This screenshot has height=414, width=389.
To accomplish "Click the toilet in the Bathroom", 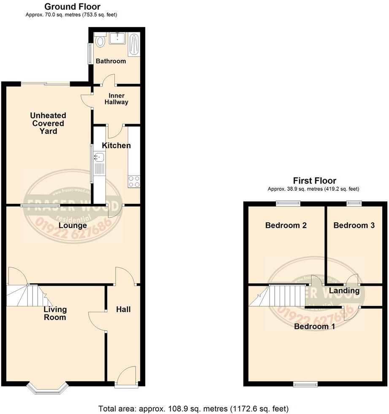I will (x=100, y=41).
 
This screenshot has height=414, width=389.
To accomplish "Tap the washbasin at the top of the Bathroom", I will (x=116, y=38).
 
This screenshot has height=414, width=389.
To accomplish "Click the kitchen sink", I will (x=100, y=158).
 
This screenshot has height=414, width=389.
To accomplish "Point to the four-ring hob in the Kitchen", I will (x=134, y=181).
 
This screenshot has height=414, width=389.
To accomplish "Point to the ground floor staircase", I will (x=25, y=295).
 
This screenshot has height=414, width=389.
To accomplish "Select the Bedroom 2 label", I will (x=286, y=225).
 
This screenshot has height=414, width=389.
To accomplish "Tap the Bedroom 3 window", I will (x=354, y=203).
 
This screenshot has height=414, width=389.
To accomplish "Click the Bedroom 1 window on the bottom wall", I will (x=305, y=384).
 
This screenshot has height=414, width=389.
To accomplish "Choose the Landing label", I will (x=344, y=291).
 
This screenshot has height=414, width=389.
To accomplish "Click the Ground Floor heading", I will (x=72, y=7).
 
